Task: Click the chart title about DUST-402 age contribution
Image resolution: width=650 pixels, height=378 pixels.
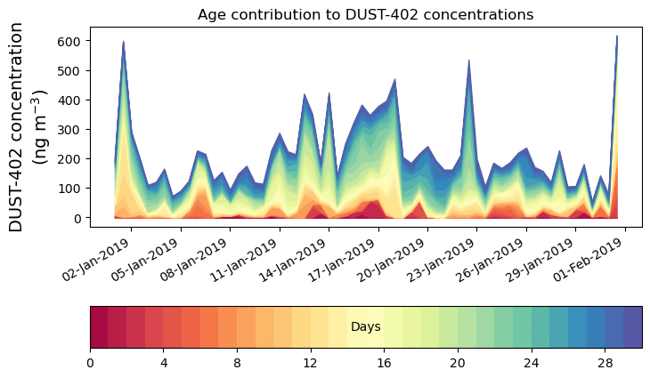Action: [365, 14]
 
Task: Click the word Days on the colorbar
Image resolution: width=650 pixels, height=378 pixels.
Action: [366, 327]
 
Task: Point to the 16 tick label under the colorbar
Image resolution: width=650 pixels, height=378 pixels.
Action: [384, 363]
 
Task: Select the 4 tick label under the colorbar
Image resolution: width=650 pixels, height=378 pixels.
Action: [164, 363]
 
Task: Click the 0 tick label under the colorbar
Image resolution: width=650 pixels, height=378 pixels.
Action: [90, 363]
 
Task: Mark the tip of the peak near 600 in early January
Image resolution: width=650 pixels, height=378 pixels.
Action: [124, 42]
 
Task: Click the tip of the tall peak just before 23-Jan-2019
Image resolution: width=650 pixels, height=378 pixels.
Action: [468, 60]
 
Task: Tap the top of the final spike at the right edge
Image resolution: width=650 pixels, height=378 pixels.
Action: [616, 36]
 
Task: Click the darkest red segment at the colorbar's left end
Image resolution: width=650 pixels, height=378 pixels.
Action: [99, 326]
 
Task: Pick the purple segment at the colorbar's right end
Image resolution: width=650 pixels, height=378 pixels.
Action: [632, 326]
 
